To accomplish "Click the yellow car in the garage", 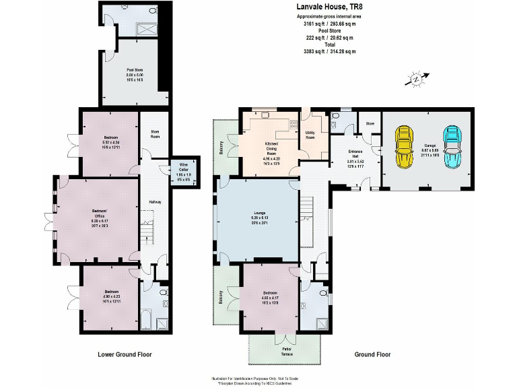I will pyautogui.click(x=404, y=147).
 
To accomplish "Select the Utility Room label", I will pyautogui.click(x=310, y=135).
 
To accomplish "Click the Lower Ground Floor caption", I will pyautogui.click(x=125, y=354).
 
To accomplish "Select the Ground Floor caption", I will pyautogui.click(x=372, y=354).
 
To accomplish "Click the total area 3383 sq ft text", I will pyautogui.click(x=330, y=51).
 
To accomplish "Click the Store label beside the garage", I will pyautogui.click(x=370, y=124).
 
